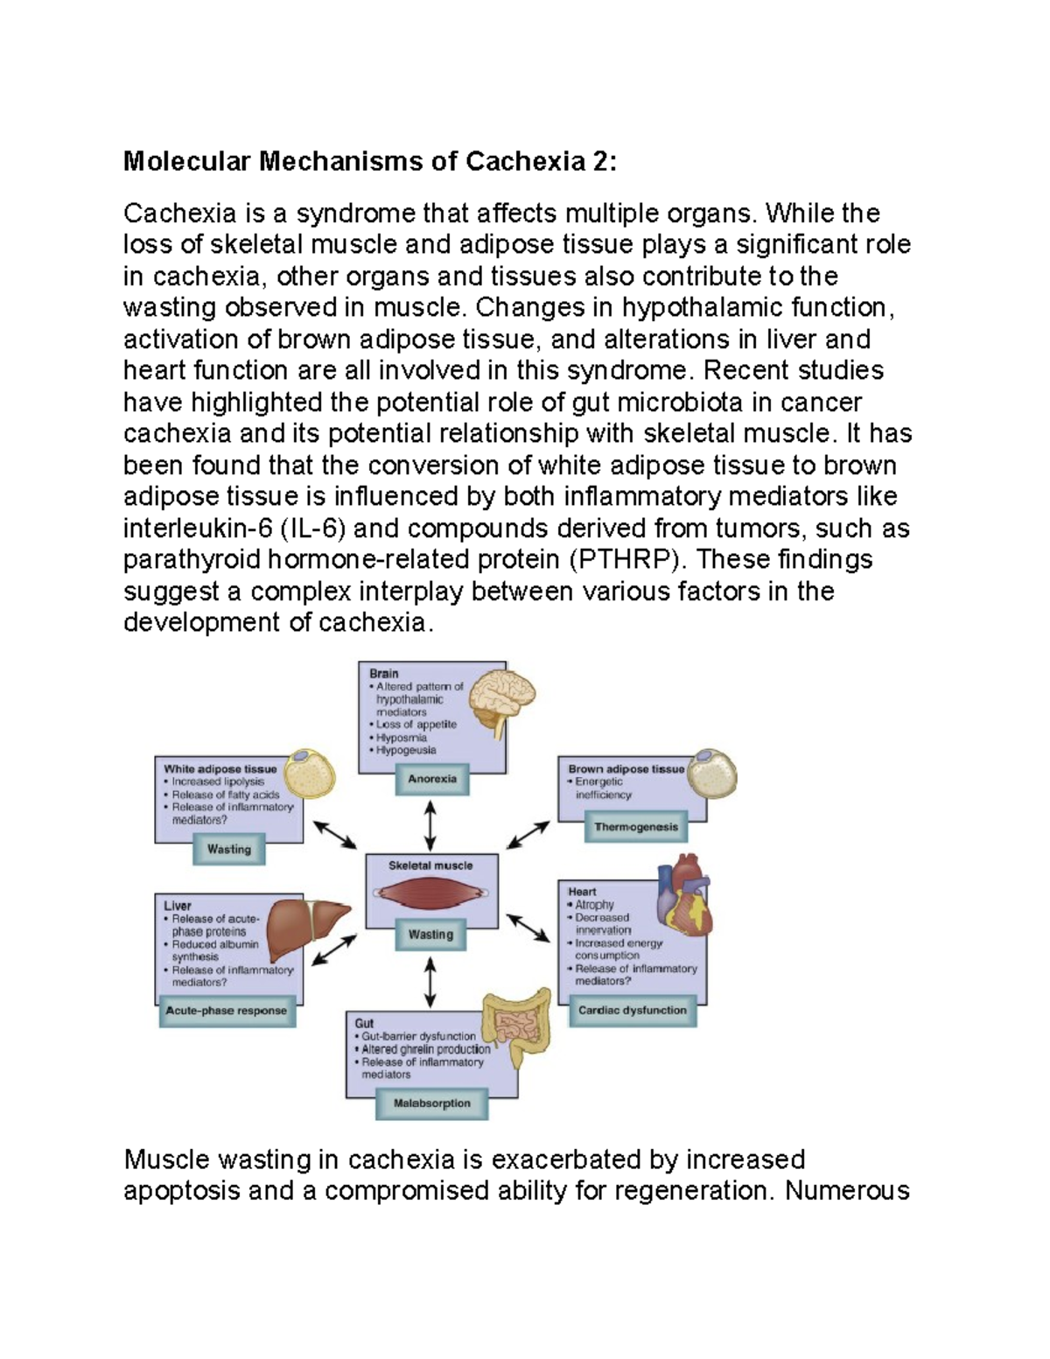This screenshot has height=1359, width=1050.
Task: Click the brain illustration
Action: coord(500,700)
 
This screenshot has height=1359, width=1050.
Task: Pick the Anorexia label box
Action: coord(432,779)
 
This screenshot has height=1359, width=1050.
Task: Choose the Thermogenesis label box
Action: coord(636,827)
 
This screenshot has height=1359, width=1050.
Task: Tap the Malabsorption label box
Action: coord(432,1103)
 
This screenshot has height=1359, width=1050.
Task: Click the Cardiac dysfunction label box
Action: coord(633,1011)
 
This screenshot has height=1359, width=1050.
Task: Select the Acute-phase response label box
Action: coord(227,1011)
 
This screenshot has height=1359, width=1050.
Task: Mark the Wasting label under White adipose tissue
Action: coord(229,849)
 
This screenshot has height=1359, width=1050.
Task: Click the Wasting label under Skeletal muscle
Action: coord(431,935)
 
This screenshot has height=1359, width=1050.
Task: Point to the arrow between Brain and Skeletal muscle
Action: coord(430,826)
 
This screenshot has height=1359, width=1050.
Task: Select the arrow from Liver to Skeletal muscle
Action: coord(335,949)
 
